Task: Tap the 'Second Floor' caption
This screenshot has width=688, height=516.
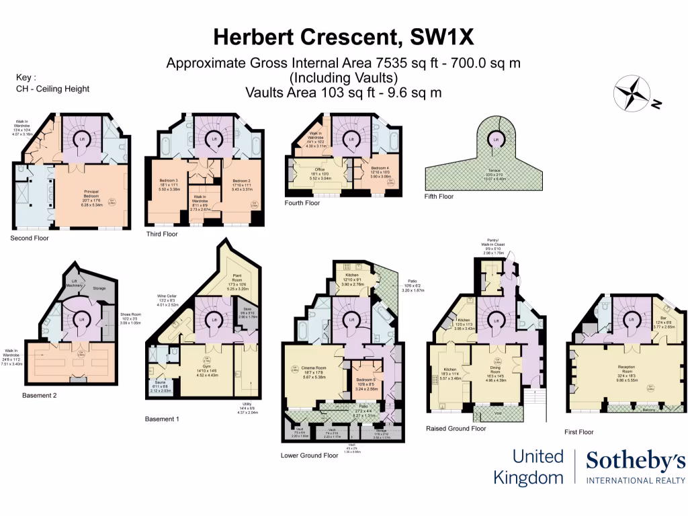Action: [30, 238]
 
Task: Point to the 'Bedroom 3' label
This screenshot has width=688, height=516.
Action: [169, 181]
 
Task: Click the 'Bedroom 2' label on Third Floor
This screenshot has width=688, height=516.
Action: [241, 181]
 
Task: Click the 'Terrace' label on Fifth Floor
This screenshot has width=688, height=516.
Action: [494, 175]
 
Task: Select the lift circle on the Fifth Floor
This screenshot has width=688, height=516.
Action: [496, 140]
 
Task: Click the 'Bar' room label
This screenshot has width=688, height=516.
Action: [667, 322]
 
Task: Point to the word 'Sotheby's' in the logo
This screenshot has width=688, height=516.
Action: [636, 461]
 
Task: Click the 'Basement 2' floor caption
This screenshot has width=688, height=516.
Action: [40, 395]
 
